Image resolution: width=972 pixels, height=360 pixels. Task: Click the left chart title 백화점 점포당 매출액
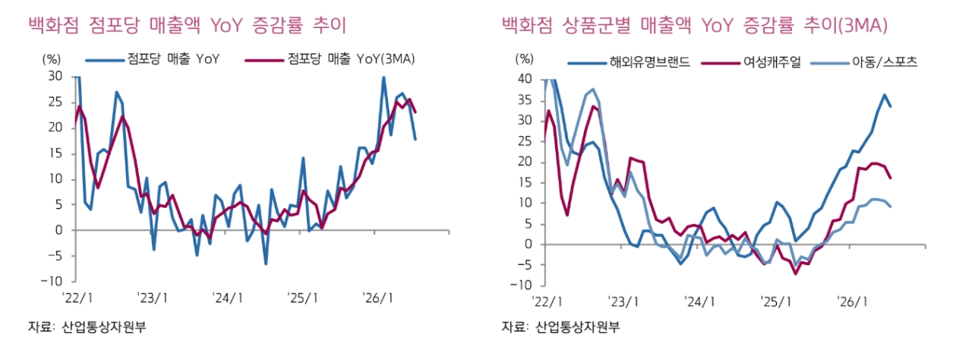pyautogui.click(x=114, y=25)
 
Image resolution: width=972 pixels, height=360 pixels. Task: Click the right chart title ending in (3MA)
pyautogui.click(x=694, y=25)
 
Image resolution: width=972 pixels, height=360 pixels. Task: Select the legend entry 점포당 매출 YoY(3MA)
pyautogui.click(x=330, y=59)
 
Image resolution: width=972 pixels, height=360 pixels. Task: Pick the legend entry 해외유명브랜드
pyautogui.click(x=629, y=62)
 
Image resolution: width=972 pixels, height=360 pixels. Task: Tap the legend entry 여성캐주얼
pyautogui.click(x=751, y=62)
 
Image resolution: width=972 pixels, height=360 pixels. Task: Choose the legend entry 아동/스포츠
pyautogui.click(x=864, y=62)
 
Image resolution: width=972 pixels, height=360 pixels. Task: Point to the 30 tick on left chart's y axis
pyautogui.click(x=55, y=77)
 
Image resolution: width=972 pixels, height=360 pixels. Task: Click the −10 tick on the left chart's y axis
pyautogui.click(x=52, y=281)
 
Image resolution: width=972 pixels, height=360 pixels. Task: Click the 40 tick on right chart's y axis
pyautogui.click(x=525, y=79)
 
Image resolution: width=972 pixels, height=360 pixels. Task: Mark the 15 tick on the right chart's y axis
pyautogui.click(x=525, y=182)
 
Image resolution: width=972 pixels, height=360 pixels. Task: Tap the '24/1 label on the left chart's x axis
pyautogui.click(x=229, y=298)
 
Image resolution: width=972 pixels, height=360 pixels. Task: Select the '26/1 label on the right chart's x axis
pyautogui.click(x=852, y=302)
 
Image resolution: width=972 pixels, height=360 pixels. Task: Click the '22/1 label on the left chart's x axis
pyautogui.click(x=77, y=298)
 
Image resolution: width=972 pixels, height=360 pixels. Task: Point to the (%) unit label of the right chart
pyautogui.click(x=524, y=58)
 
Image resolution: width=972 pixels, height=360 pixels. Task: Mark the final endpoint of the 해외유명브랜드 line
pyautogui.click(x=891, y=106)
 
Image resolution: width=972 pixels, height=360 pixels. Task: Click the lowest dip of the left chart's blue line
pyautogui.click(x=266, y=264)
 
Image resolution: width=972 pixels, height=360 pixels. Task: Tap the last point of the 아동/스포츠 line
pyautogui.click(x=891, y=207)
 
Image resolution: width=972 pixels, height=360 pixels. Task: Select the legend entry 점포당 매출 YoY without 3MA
pyautogui.click(x=153, y=59)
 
